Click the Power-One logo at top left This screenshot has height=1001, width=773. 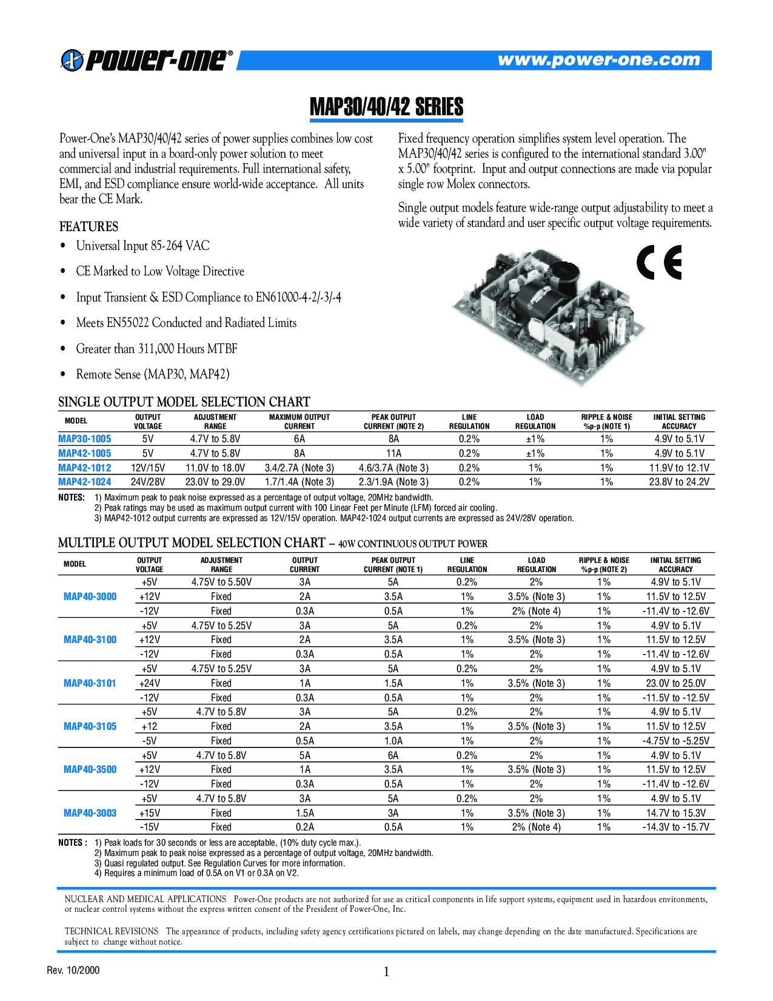pyautogui.click(x=146, y=60)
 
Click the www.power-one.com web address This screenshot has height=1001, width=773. pyautogui.click(x=598, y=59)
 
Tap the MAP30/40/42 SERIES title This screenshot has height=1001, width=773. pyautogui.click(x=386, y=107)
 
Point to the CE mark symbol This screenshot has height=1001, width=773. pyautogui.click(x=659, y=262)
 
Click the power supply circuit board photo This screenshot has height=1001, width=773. pyautogui.click(x=549, y=315)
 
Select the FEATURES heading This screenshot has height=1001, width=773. pyautogui.click(x=89, y=226)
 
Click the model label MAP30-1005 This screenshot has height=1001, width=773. pyautogui.click(x=85, y=439)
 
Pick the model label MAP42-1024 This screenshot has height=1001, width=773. pyautogui.click(x=85, y=482)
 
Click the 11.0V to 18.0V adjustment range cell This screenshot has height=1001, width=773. pyautogui.click(x=215, y=468)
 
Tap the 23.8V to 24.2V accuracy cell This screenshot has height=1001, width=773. pyautogui.click(x=679, y=482)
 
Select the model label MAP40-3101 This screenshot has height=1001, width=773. pyautogui.click(x=90, y=683)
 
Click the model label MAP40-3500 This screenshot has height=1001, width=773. pyautogui.click(x=90, y=769)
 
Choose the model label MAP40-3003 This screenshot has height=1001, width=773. pyautogui.click(x=90, y=813)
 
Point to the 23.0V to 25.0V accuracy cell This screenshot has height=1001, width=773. pyautogui.click(x=676, y=683)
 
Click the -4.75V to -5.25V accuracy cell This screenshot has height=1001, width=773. pyautogui.click(x=676, y=741)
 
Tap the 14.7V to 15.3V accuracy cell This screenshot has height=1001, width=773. pyautogui.click(x=676, y=813)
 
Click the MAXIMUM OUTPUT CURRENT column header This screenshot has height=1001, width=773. pyautogui.click(x=299, y=422)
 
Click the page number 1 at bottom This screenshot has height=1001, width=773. pyautogui.click(x=387, y=972)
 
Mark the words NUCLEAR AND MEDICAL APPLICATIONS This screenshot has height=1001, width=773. pyautogui.click(x=146, y=899)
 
